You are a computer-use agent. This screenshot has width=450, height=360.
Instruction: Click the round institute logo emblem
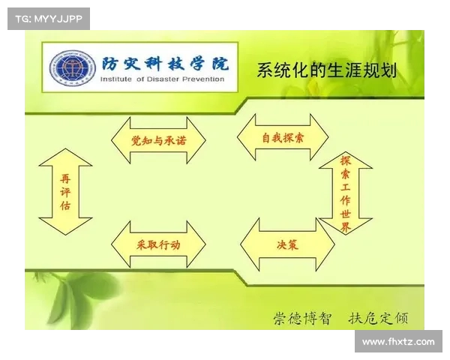pos(70,67)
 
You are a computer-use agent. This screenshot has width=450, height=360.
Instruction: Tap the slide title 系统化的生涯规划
pos(326,71)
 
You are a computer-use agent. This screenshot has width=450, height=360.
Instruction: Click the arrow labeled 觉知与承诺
pos(157,140)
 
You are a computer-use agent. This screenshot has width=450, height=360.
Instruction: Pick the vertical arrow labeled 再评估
pos(65,191)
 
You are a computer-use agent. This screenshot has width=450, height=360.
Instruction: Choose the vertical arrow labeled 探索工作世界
pos(345,193)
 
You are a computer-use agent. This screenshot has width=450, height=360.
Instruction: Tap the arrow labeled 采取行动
pos(157,244)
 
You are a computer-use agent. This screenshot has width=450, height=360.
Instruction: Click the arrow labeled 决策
pos(286,244)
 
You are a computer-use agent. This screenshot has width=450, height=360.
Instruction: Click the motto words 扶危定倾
pos(378,317)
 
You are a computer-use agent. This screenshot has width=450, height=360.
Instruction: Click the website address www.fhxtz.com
pos(397,342)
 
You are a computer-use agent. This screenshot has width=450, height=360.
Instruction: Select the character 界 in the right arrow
pos(345,227)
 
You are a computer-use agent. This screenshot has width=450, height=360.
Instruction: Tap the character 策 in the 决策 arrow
pos(293,244)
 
